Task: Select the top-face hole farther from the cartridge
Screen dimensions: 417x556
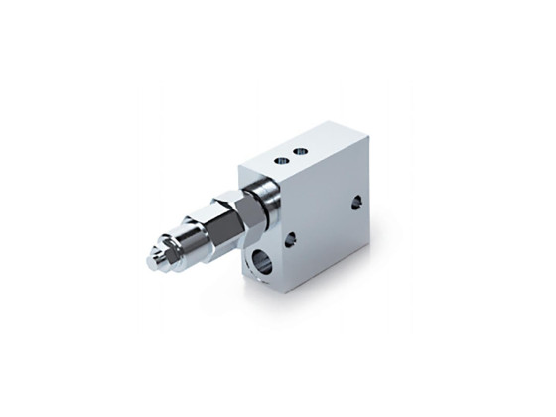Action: pos(301,150)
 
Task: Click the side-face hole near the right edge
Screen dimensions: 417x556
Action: pos(356,202)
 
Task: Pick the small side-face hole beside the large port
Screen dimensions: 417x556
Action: pos(291,239)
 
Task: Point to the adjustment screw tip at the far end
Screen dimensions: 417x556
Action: pos(153,262)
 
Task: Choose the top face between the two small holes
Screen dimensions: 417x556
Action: pos(292,154)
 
